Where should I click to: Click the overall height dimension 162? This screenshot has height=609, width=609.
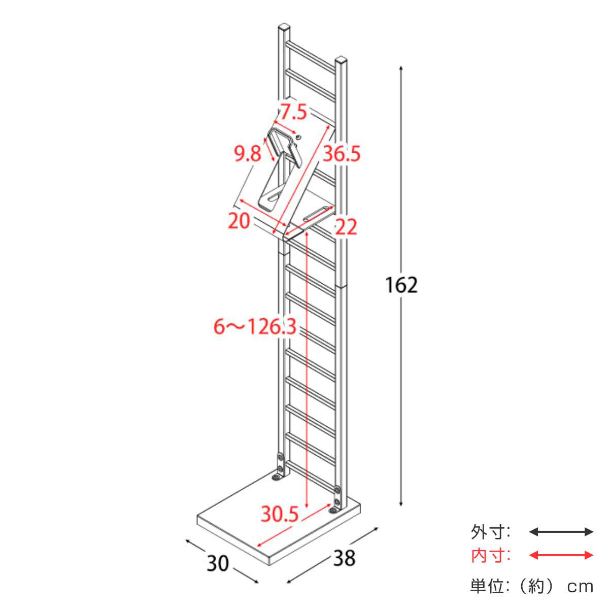(401, 285)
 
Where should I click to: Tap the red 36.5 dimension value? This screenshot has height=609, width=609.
(342, 154)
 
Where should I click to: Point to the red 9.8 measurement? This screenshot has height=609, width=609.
(248, 154)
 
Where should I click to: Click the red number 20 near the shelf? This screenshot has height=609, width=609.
(239, 221)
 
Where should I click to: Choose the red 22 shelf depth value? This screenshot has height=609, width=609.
(346, 226)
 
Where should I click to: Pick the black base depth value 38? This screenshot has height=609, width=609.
(345, 558)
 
